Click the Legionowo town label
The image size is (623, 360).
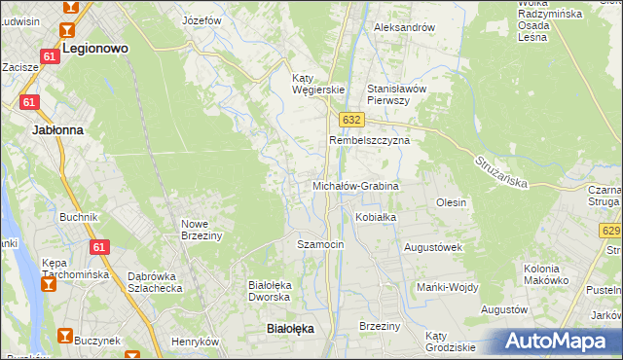[96, 47]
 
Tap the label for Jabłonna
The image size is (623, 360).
[57, 128]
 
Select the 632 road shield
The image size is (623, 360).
[351, 119]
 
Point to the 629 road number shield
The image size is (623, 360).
[611, 231]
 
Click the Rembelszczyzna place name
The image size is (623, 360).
[369, 140]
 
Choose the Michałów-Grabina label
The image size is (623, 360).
[355, 185]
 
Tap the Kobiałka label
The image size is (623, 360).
[376, 217]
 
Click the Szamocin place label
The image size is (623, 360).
[320, 244]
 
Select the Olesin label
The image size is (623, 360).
[452, 202]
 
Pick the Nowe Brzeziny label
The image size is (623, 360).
[202, 229]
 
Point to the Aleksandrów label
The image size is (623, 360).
[404, 27]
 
